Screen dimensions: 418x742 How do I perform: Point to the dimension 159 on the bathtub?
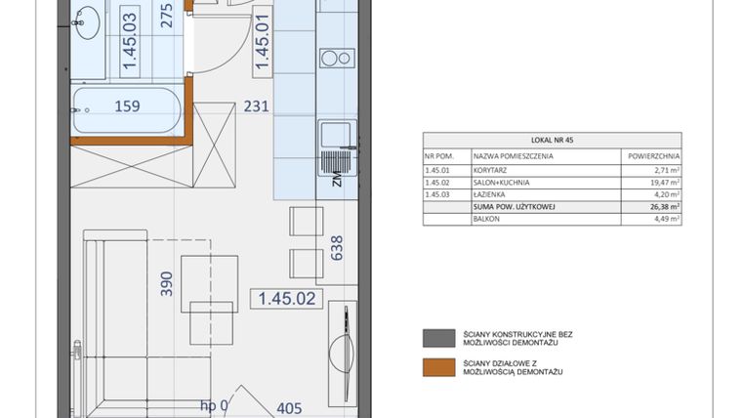(127, 106)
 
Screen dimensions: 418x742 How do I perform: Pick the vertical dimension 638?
(336, 250)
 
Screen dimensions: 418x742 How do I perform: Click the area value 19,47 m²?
(664, 181)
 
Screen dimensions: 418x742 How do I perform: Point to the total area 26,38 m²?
(664, 206)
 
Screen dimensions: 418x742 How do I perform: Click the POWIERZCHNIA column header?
(651, 155)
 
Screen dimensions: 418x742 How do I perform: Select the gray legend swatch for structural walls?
(433, 338)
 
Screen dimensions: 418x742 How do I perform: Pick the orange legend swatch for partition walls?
(433, 367)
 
